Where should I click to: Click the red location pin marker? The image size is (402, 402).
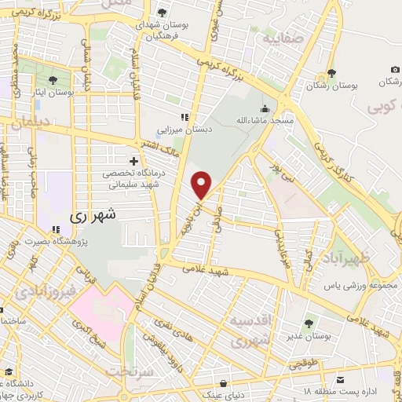pos(202,184)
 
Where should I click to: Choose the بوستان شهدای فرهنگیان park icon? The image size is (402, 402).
pos(162,13)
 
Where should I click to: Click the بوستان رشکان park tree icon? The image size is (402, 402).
pos(332,73)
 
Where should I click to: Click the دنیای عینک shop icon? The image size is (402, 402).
pos(226,385)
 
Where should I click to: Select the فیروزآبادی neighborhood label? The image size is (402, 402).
pos(46,292)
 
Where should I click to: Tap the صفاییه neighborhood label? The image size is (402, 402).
pos(283,37)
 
